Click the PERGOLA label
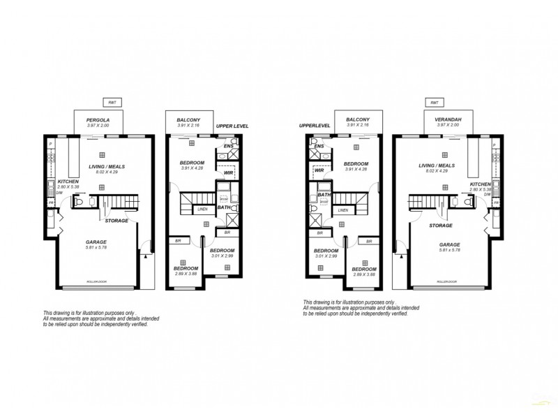pyautogui.click(x=98, y=120)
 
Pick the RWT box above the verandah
pyautogui.click(x=435, y=102)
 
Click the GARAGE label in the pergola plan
pyautogui.click(x=97, y=242)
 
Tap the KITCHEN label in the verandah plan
pyautogui.click(x=481, y=184)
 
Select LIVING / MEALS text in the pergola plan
pyautogui.click(x=102, y=166)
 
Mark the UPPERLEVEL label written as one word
pyautogui.click(x=313, y=126)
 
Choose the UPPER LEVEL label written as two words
pyautogui.click(x=232, y=126)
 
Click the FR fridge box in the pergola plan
pyautogui.click(x=51, y=203)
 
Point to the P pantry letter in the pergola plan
pyautogui.click(x=50, y=145)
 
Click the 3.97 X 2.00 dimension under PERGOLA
pyautogui.click(x=98, y=126)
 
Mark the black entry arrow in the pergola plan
pyautogui.click(x=144, y=256)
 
